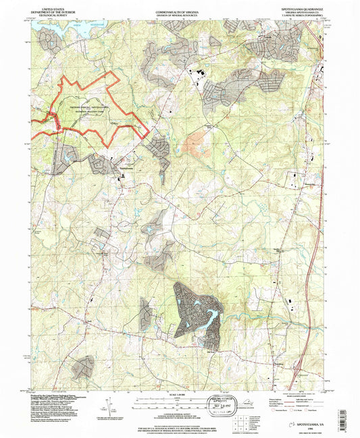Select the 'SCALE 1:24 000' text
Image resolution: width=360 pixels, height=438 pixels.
(180, 392)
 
